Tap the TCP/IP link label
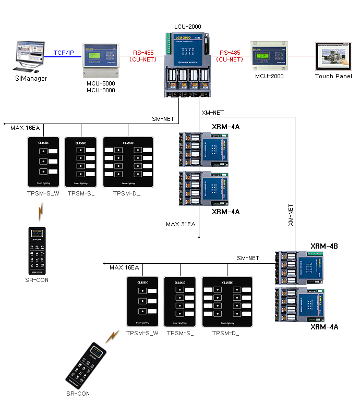click(64, 53)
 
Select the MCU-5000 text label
click(101, 83)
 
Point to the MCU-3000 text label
click(101, 91)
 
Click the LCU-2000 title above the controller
click(187, 27)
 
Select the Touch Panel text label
click(333, 76)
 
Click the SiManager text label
click(30, 79)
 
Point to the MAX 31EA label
click(181, 224)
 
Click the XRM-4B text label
click(325, 246)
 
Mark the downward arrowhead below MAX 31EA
click(199, 237)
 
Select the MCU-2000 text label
click(269, 76)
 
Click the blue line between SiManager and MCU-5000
click(64, 57)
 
